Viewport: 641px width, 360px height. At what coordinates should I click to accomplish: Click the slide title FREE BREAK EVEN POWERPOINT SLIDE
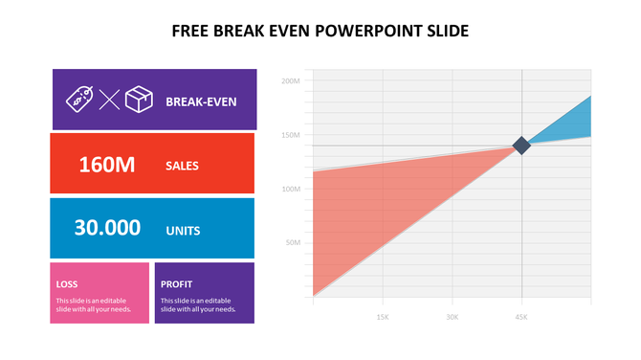320,31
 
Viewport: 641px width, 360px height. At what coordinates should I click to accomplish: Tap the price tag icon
79,98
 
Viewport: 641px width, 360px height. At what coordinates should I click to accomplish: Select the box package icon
140,99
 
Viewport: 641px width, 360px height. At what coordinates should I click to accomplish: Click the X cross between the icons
109,99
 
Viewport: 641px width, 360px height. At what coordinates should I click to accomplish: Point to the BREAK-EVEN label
201,100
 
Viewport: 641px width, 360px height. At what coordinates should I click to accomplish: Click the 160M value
106,165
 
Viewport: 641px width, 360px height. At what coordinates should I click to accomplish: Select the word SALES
182,166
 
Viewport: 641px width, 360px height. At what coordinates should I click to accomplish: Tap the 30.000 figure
107,228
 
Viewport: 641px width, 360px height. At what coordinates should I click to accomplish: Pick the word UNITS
183,230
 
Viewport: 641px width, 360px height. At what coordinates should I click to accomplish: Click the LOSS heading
67,283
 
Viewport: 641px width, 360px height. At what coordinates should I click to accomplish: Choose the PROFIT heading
176,283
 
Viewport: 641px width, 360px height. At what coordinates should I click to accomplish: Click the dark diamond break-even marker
521,146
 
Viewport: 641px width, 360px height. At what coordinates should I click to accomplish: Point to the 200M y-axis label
292,81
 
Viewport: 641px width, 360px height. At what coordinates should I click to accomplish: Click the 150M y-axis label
292,135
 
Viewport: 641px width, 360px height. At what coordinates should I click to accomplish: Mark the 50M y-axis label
294,242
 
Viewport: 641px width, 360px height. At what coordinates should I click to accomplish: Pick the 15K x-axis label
383,316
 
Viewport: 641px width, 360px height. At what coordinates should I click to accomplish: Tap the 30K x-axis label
452,316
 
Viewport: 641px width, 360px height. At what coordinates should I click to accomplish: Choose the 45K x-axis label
521,316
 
